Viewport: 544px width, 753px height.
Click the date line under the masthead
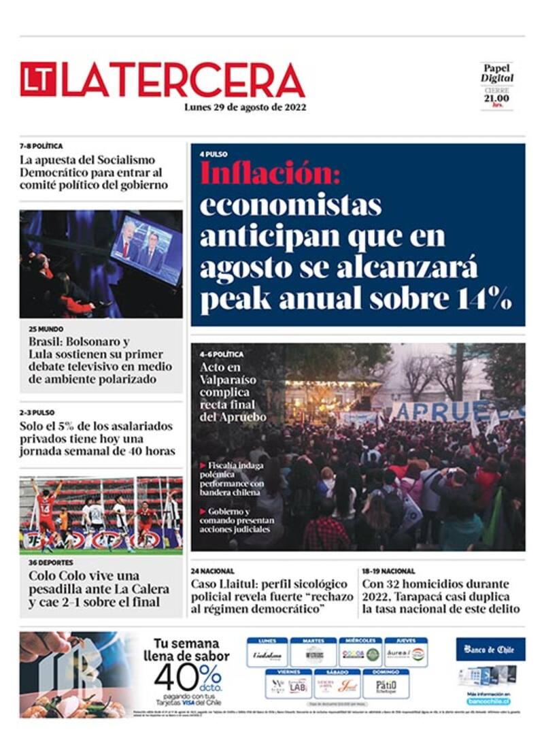tap(245, 107)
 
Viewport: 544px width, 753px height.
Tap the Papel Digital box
tap(497, 85)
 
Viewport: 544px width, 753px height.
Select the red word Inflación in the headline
tap(269, 173)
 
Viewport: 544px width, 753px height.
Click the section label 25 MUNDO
tap(46, 329)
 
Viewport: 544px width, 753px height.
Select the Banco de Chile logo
tap(490, 649)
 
